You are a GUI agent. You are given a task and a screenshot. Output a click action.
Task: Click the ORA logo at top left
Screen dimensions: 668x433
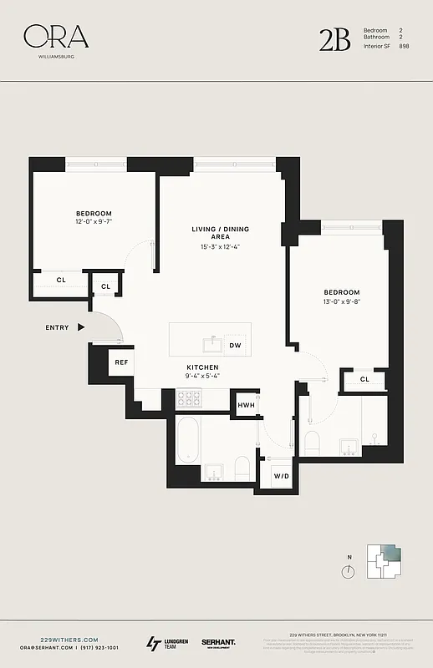coord(55,36)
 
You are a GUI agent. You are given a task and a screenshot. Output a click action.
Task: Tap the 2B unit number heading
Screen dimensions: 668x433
coord(334,39)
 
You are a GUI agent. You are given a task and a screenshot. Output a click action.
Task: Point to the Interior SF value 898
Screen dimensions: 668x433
coord(404,46)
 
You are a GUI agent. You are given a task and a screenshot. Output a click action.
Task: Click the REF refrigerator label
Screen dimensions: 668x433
coord(121,362)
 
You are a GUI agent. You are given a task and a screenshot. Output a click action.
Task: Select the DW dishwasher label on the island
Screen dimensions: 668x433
coord(235,345)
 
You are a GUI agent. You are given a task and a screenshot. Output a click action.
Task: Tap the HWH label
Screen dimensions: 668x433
coord(246,405)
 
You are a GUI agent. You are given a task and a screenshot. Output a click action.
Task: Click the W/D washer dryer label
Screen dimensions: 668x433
coord(281,476)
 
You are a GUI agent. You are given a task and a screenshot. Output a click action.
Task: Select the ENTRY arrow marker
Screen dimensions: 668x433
coord(81,327)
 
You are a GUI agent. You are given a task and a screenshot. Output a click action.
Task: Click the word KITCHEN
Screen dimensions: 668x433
coord(202,367)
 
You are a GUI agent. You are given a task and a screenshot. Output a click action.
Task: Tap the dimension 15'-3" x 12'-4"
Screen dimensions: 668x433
coord(220,246)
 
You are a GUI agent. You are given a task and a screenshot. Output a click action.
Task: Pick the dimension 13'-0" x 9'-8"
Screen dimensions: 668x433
coord(341,302)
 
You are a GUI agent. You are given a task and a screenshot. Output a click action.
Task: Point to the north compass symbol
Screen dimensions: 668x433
coord(349,571)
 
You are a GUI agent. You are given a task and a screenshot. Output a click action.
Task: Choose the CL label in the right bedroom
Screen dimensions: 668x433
coord(364,379)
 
